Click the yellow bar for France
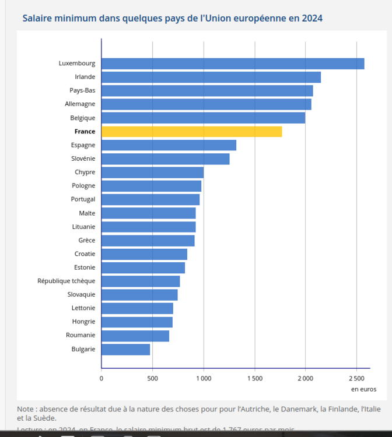[x=191, y=132]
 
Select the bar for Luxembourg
[x=233, y=64]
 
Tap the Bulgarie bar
[x=125, y=349]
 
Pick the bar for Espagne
[x=169, y=145]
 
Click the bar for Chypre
[x=152, y=172]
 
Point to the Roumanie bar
[x=135, y=336]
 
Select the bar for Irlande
[x=211, y=77]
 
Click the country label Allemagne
[x=80, y=104]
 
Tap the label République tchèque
[x=66, y=281]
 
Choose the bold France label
[x=85, y=132]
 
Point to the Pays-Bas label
[x=82, y=90]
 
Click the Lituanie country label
[x=83, y=227]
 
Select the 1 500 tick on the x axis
[x=254, y=379]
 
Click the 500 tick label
[x=152, y=379]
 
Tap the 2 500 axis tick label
[x=356, y=379]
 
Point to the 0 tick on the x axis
[x=101, y=379]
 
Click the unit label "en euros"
[x=363, y=389]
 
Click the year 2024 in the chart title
[x=312, y=18]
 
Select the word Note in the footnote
[x=25, y=408]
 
